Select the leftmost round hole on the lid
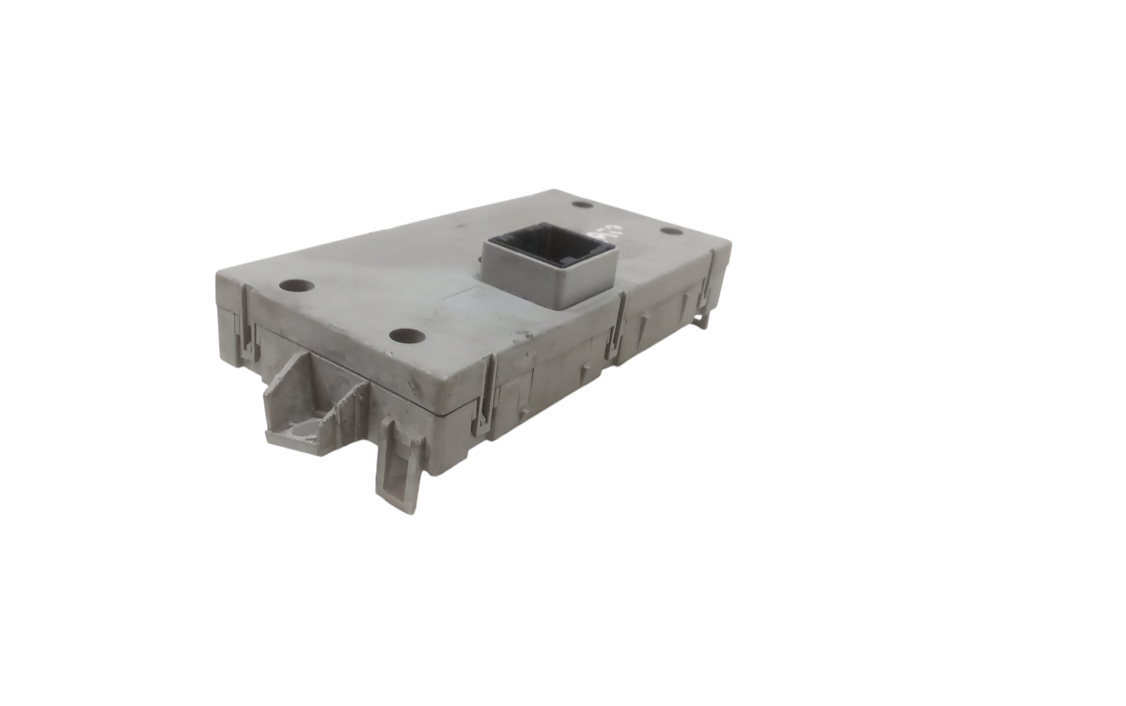[x=296, y=285]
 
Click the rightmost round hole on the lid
[x=669, y=231]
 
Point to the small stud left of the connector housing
[x=479, y=260]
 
